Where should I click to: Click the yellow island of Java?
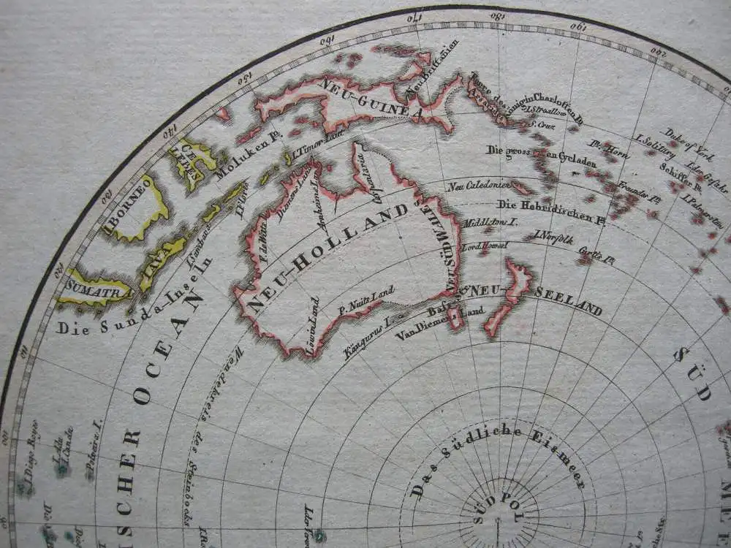coord(164,255)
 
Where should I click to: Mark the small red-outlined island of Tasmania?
coord(456,318)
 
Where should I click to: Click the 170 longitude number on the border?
coord(414,17)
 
